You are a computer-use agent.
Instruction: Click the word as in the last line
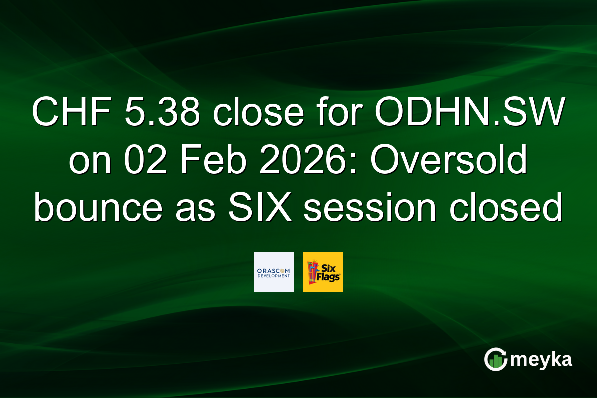pyautogui.click(x=190, y=208)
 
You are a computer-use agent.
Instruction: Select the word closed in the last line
pyautogui.click(x=498, y=208)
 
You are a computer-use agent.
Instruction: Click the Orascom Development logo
pyautogui.click(x=273, y=272)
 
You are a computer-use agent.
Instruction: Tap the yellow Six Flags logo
pyautogui.click(x=323, y=272)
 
